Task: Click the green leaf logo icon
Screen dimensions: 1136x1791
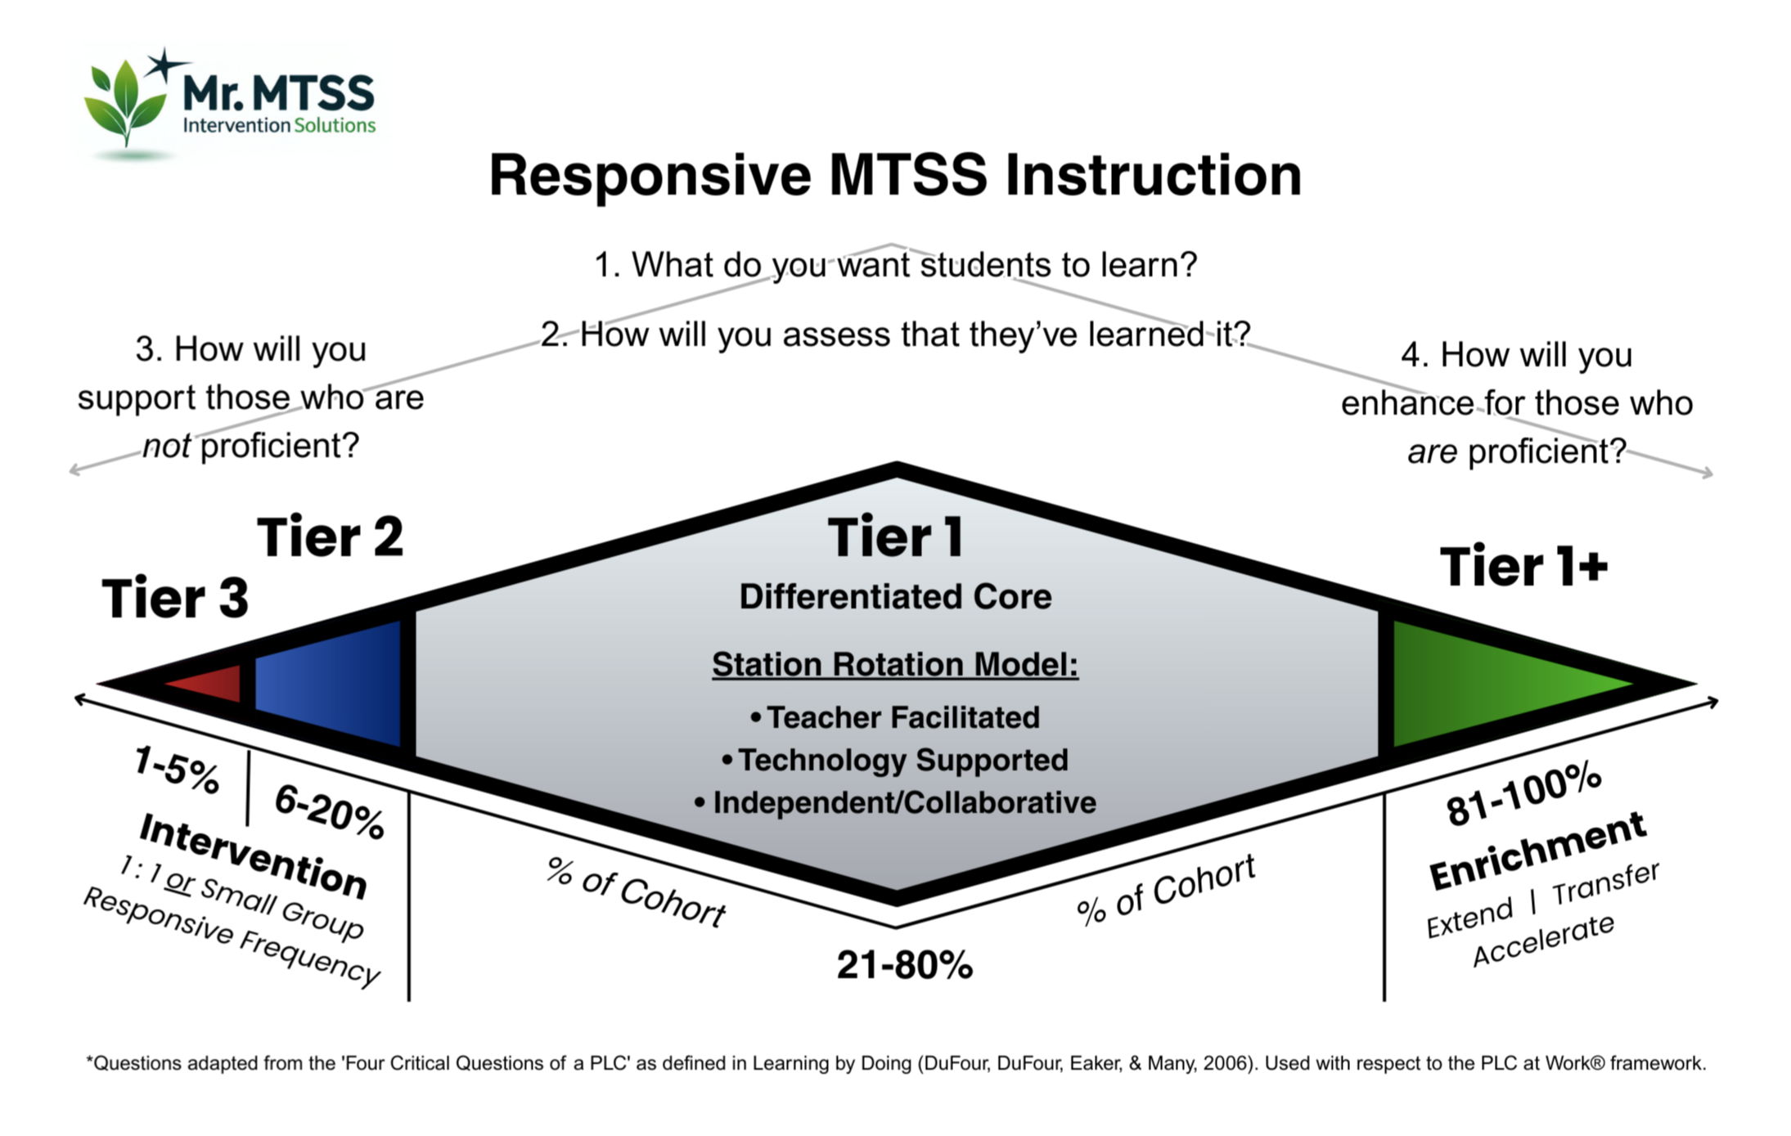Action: (x=127, y=102)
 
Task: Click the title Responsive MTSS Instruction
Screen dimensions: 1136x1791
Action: (x=895, y=176)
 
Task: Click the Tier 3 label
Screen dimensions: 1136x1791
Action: (x=175, y=598)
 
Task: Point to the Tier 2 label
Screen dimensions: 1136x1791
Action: (x=331, y=537)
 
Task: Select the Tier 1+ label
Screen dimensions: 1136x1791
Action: (x=1523, y=567)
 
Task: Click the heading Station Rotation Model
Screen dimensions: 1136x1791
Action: (x=895, y=664)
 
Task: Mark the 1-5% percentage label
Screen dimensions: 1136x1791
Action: (x=177, y=770)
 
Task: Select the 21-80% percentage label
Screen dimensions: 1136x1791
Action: (x=904, y=965)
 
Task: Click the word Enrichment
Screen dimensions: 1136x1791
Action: (x=1537, y=851)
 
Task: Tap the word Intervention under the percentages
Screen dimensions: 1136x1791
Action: (x=253, y=855)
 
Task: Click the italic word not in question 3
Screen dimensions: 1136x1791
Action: (x=166, y=447)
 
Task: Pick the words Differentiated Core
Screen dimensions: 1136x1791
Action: (x=895, y=597)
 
